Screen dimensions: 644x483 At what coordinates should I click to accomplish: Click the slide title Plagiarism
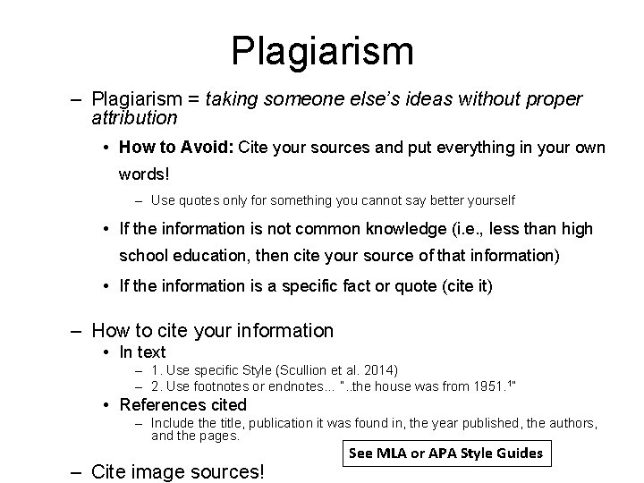tap(322, 52)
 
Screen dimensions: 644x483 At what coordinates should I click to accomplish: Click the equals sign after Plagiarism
tap(193, 99)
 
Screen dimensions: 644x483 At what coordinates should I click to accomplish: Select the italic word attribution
tap(134, 118)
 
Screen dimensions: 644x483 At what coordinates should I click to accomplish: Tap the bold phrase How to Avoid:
tap(176, 147)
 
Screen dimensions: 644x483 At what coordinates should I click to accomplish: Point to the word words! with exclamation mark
tap(144, 174)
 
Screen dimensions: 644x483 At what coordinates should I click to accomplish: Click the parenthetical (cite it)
tap(468, 286)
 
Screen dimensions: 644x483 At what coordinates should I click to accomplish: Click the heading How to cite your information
tap(212, 331)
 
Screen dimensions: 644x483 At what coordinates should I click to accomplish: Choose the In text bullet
tap(142, 352)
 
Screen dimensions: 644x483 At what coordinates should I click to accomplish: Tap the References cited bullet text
tap(183, 405)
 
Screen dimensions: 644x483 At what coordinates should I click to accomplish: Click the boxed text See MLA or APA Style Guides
tap(446, 453)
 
